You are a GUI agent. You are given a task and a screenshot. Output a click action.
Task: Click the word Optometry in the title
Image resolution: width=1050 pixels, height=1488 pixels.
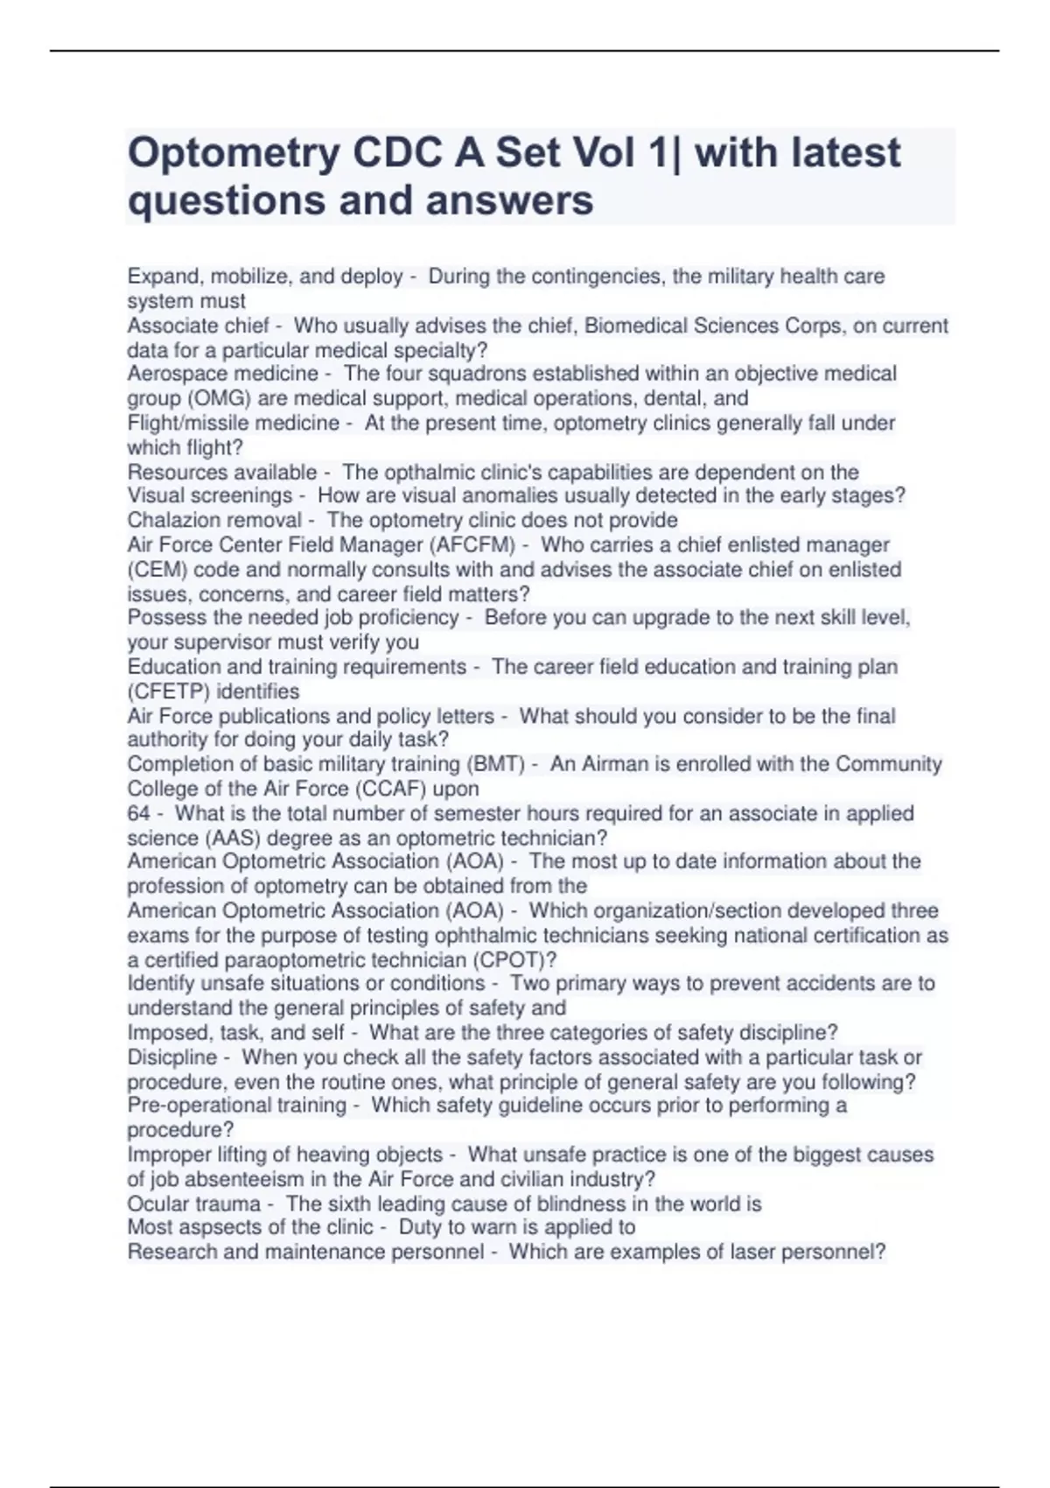tap(234, 154)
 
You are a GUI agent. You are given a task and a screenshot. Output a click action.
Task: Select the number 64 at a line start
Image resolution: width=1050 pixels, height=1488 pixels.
tap(138, 813)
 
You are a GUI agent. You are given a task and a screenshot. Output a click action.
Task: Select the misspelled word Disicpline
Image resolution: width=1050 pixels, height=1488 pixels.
tap(171, 1057)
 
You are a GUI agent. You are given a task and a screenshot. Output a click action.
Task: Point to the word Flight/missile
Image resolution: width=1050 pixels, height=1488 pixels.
tap(190, 423)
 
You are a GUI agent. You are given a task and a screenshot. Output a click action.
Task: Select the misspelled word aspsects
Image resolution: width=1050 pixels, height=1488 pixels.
tap(218, 1227)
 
